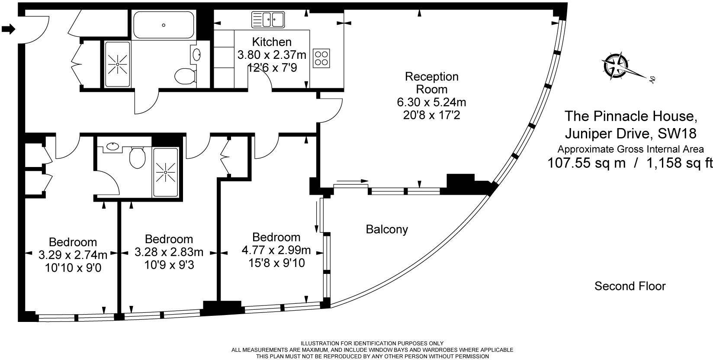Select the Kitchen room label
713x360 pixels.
pos(272,42)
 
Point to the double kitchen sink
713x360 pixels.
pos(268,19)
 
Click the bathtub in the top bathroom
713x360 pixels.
pos(164,25)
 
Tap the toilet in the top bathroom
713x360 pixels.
pos(185,76)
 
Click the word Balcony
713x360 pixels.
pos(387,229)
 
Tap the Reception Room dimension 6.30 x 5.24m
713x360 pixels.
pos(431,103)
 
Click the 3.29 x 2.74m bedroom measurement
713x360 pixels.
pos(73,255)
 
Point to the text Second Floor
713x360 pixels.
pos(630,286)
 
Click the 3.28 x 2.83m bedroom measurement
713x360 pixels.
pos(169,252)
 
